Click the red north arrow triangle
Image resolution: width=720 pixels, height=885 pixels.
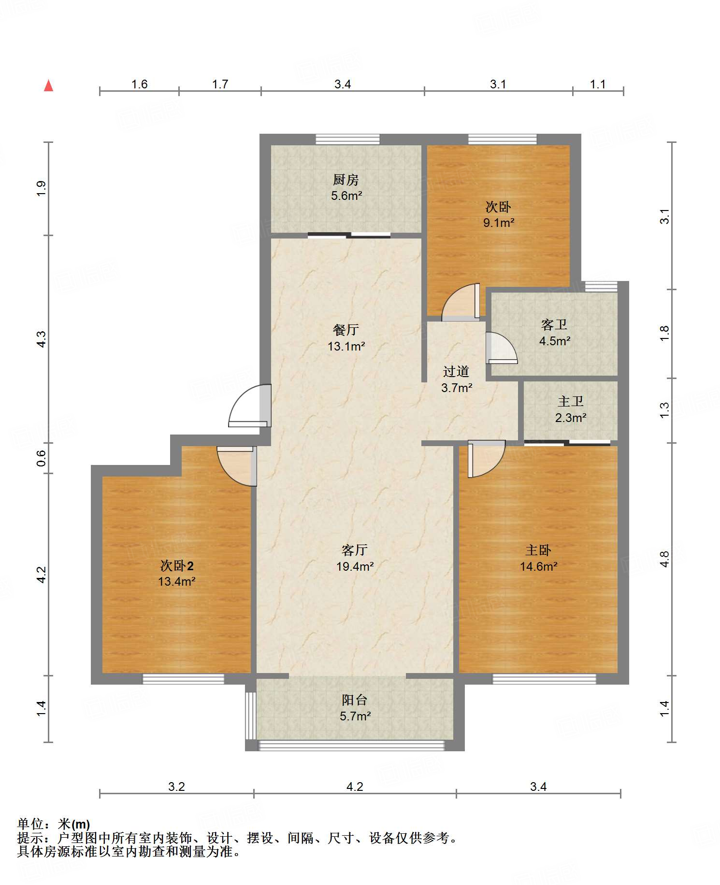48,86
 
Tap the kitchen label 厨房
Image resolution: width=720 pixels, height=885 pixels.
346,180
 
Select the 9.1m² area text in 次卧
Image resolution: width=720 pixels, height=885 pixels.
499,223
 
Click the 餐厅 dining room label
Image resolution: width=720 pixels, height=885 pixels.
346,330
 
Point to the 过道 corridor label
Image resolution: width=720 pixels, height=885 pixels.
456,372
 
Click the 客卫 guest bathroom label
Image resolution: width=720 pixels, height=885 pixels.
554,325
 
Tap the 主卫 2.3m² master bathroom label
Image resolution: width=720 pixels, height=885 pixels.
571,409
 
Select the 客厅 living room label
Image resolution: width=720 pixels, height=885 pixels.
355,550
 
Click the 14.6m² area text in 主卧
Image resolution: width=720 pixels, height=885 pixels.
538,567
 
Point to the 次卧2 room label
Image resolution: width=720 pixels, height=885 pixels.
177,566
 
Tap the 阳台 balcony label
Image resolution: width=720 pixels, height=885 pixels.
355,700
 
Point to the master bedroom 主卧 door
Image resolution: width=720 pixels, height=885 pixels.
486,459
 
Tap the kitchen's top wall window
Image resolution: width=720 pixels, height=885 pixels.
347,140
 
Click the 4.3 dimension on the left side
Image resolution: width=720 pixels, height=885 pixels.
42,339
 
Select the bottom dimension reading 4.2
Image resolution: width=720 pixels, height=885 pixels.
355,787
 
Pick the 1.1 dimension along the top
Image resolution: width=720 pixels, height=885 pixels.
598,84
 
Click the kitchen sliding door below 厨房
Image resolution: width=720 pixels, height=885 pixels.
349,236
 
